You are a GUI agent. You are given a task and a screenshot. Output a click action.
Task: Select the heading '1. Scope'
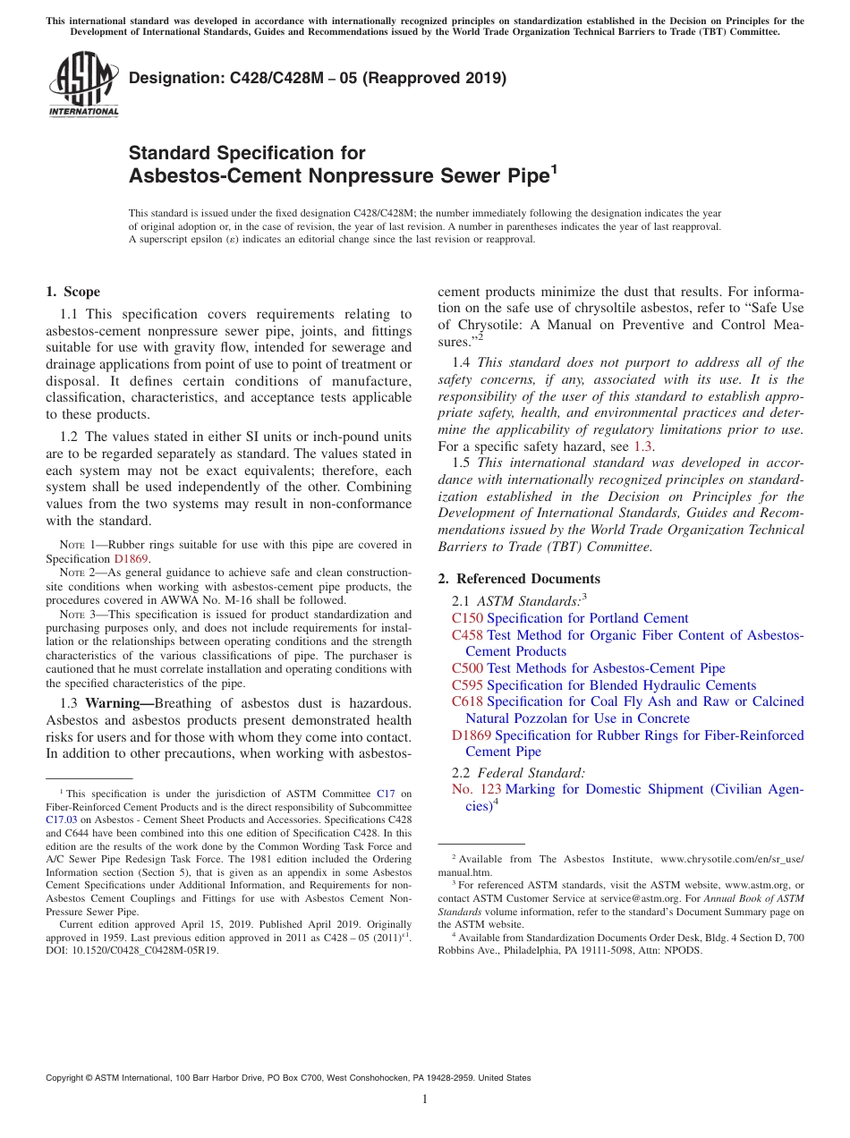pos(72,292)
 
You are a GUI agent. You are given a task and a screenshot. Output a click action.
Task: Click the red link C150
pos(467,618)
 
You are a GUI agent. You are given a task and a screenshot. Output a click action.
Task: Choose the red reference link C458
pos(467,635)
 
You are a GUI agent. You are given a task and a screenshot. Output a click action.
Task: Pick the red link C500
pos(467,668)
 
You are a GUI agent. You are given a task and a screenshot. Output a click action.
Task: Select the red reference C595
pos(467,685)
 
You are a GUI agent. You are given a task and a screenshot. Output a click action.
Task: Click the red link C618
pos(467,701)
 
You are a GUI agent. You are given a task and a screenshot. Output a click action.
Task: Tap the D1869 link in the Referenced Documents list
pos(471,735)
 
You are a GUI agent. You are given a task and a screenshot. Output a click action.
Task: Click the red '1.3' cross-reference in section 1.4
pos(643,446)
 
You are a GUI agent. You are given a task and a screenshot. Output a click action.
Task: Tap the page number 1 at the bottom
pos(425,1100)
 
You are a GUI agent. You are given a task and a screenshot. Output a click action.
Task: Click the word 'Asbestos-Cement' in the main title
pos(216,175)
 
